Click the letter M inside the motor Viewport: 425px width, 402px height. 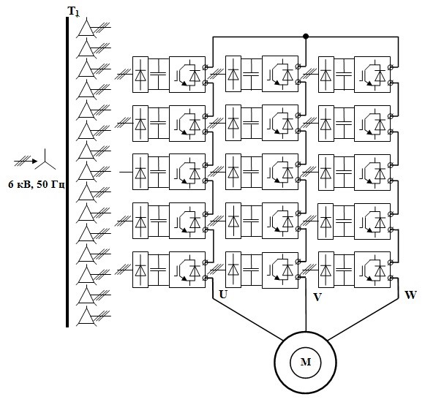[x=306, y=362]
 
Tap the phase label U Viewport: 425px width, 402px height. [x=223, y=294]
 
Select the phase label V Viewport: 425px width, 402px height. [x=317, y=297]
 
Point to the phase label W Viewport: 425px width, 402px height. [x=410, y=295]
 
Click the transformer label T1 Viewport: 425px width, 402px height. [x=73, y=12]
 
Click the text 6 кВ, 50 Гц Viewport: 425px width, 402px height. [x=37, y=185]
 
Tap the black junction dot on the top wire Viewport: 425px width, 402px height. [x=306, y=37]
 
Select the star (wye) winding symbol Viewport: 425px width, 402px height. [x=45, y=159]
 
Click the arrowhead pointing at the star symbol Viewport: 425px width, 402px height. [x=34, y=162]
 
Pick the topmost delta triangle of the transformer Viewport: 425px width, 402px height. [x=86, y=28]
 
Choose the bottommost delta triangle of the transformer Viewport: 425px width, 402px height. [x=86, y=316]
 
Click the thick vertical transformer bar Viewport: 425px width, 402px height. [x=67, y=172]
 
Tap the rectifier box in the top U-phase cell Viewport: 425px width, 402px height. [x=140, y=75]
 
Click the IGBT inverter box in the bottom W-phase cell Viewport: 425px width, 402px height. [x=372, y=270]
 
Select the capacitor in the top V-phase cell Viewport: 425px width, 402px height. [x=251, y=75]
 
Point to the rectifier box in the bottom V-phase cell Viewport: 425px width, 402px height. [x=233, y=270]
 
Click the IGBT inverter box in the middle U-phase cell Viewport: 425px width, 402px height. [x=187, y=172]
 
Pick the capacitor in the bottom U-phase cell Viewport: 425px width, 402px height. [x=158, y=270]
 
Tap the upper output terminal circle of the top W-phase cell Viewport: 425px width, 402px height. [x=391, y=67]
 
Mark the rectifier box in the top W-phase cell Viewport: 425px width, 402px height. [x=326, y=75]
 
